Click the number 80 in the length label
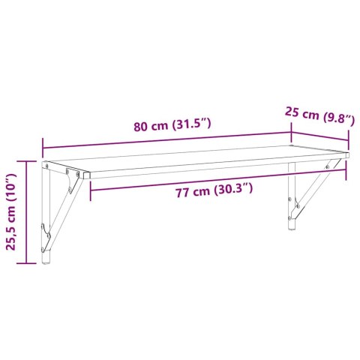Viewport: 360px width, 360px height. (140, 126)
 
